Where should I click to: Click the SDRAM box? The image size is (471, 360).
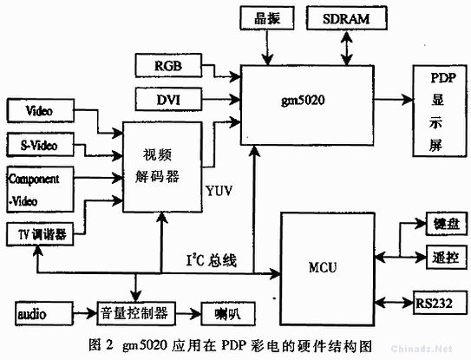[346, 18]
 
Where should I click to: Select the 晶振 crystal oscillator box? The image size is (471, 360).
[267, 18]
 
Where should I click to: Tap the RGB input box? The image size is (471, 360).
[168, 65]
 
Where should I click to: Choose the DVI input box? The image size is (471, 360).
[168, 99]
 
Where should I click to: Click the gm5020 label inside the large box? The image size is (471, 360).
[303, 100]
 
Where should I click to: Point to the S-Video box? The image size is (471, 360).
[40, 145]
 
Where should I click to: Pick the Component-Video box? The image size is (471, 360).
[40, 189]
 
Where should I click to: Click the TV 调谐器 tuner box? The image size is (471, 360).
[40, 234]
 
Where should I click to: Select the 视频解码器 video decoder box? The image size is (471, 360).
[162, 167]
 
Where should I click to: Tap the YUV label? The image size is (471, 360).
[219, 191]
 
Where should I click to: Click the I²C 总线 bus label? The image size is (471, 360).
[212, 260]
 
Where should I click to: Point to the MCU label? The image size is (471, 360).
[323, 267]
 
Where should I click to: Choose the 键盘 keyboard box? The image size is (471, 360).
[447, 224]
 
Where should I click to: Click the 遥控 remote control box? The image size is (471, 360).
[447, 257]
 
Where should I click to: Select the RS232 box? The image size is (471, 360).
[441, 303]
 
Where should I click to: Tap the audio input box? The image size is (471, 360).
[44, 314]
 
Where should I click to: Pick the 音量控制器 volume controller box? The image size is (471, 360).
[136, 313]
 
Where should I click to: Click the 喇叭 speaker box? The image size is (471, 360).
[228, 314]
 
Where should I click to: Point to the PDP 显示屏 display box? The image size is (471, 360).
[440, 110]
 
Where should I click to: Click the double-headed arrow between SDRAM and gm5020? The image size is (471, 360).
[347, 48]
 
